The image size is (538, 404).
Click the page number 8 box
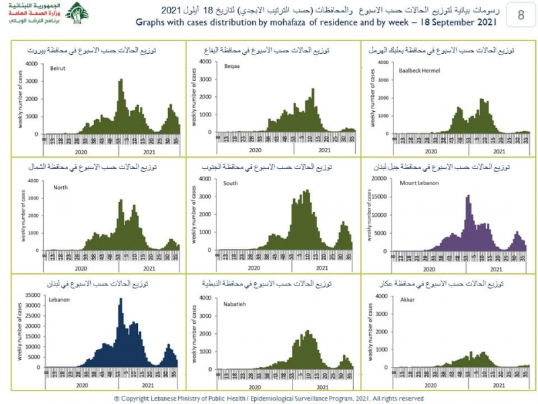tap(521, 15)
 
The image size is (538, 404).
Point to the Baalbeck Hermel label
tap(418, 69)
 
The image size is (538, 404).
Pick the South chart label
tap(231, 183)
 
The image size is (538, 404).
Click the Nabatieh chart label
tap(235, 304)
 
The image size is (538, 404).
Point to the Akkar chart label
tap(408, 298)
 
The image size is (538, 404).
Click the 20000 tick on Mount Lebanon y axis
tap(379, 178)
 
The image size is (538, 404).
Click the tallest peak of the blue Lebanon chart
tap(120, 298)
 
